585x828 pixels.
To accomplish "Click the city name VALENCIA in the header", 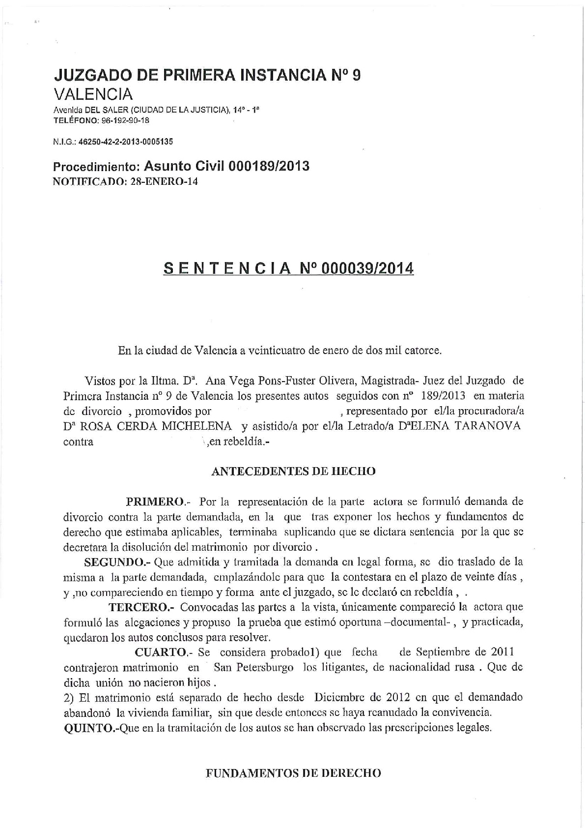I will (x=93, y=94).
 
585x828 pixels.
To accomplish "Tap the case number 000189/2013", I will (x=269, y=166).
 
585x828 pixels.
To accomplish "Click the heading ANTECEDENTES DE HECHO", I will (x=293, y=471).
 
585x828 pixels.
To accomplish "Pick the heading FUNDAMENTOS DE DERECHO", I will (x=293, y=773).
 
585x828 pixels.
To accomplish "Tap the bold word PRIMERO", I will (x=155, y=502).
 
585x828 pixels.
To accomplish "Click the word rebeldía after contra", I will (x=244, y=441).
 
